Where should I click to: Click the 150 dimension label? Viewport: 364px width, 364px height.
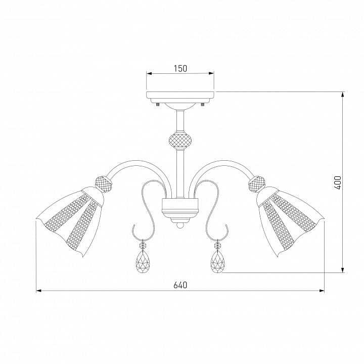coord(180,68)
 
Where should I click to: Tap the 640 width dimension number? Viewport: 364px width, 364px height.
coord(180,285)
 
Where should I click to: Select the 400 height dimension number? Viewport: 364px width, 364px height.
coord(338,183)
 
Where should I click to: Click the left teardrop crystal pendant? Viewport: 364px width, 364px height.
coord(143,261)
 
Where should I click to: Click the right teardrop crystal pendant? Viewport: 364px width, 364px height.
coord(217,261)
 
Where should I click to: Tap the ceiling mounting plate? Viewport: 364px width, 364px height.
coord(180,97)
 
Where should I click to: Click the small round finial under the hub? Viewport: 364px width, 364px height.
coord(180,225)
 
